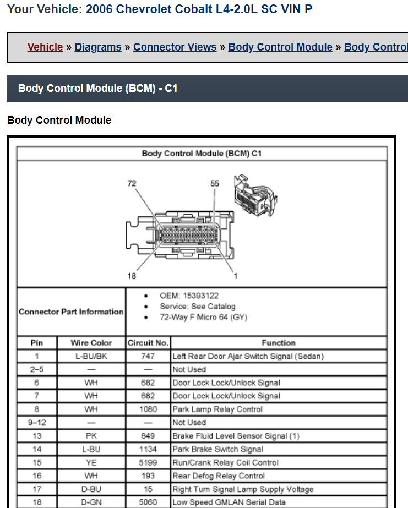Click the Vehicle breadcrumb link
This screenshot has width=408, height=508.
[x=45, y=47]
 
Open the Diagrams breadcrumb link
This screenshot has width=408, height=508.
[x=98, y=47]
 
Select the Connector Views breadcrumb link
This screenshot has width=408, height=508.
[x=175, y=47]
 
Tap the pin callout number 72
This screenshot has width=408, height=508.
[x=132, y=183]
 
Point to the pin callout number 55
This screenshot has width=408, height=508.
[x=215, y=183]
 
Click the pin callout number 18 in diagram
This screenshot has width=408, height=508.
[x=132, y=276]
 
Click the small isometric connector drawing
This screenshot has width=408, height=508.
[x=255, y=195]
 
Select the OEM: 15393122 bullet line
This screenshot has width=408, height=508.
[x=189, y=296]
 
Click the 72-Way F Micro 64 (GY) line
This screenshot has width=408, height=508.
[x=204, y=317]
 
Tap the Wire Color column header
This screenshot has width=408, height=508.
[x=91, y=343]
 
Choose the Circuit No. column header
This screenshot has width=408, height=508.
[x=148, y=343]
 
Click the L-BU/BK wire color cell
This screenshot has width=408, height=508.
[x=91, y=356]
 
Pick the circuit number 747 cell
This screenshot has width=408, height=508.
[x=148, y=356]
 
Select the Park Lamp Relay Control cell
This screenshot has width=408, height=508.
[x=217, y=409]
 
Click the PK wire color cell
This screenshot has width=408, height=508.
[x=91, y=436]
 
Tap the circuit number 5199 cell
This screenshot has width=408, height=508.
[x=148, y=462]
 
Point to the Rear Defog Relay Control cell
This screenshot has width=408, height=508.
[x=219, y=476]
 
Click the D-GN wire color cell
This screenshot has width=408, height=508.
[x=91, y=502]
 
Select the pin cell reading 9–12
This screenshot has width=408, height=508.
[x=37, y=423]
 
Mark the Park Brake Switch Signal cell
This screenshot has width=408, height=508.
[x=217, y=449]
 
